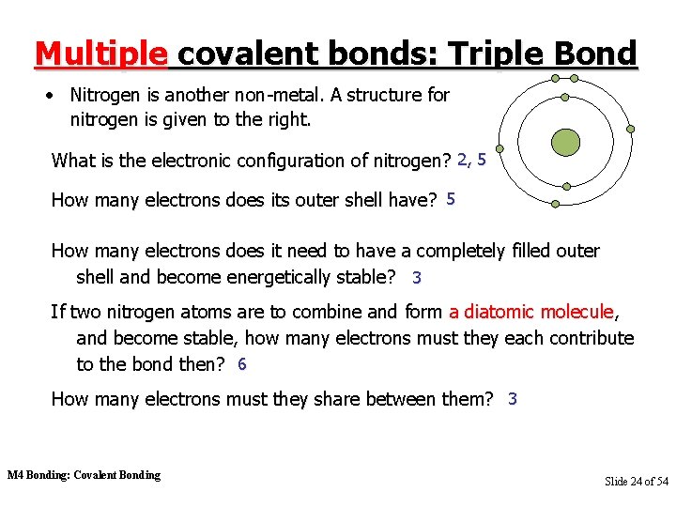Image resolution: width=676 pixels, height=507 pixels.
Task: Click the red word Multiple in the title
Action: pyautogui.click(x=100, y=54)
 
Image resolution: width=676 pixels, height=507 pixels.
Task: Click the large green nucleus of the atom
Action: pyautogui.click(x=565, y=142)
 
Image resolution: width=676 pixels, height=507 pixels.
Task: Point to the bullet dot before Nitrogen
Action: pyautogui.click(x=55, y=96)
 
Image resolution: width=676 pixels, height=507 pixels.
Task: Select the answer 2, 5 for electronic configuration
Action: pyautogui.click(x=471, y=160)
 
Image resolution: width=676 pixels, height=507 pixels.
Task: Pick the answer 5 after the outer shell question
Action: pyautogui.click(x=451, y=199)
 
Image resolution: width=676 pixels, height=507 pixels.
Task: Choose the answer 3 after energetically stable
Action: pyautogui.click(x=417, y=278)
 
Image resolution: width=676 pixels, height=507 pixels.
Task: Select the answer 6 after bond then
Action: pyautogui.click(x=241, y=364)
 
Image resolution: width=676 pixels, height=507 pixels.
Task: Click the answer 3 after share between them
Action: pyautogui.click(x=512, y=399)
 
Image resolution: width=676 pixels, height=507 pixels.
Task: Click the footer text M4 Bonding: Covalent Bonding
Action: pyautogui.click(x=84, y=475)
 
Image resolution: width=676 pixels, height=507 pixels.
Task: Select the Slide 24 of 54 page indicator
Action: pyautogui.click(x=636, y=481)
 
